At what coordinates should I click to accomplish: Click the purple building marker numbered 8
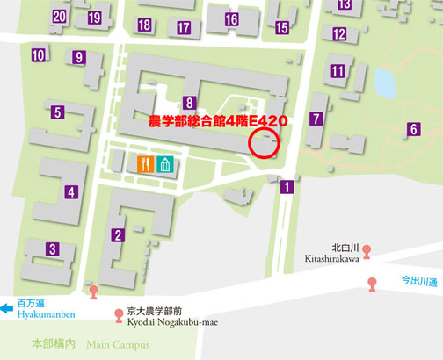(189, 102)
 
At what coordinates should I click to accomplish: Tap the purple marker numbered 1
(287, 186)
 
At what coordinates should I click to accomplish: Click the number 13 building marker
(344, 4)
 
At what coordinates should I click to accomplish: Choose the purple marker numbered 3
(53, 250)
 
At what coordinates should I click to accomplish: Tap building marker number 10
(38, 56)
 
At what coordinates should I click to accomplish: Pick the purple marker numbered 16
(231, 19)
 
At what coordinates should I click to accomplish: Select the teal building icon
(166, 164)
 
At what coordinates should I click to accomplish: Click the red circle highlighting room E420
(266, 142)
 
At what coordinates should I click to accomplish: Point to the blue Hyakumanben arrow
(7, 308)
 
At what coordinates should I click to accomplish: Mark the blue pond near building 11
(384, 83)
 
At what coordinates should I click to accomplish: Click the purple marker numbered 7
(316, 119)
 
